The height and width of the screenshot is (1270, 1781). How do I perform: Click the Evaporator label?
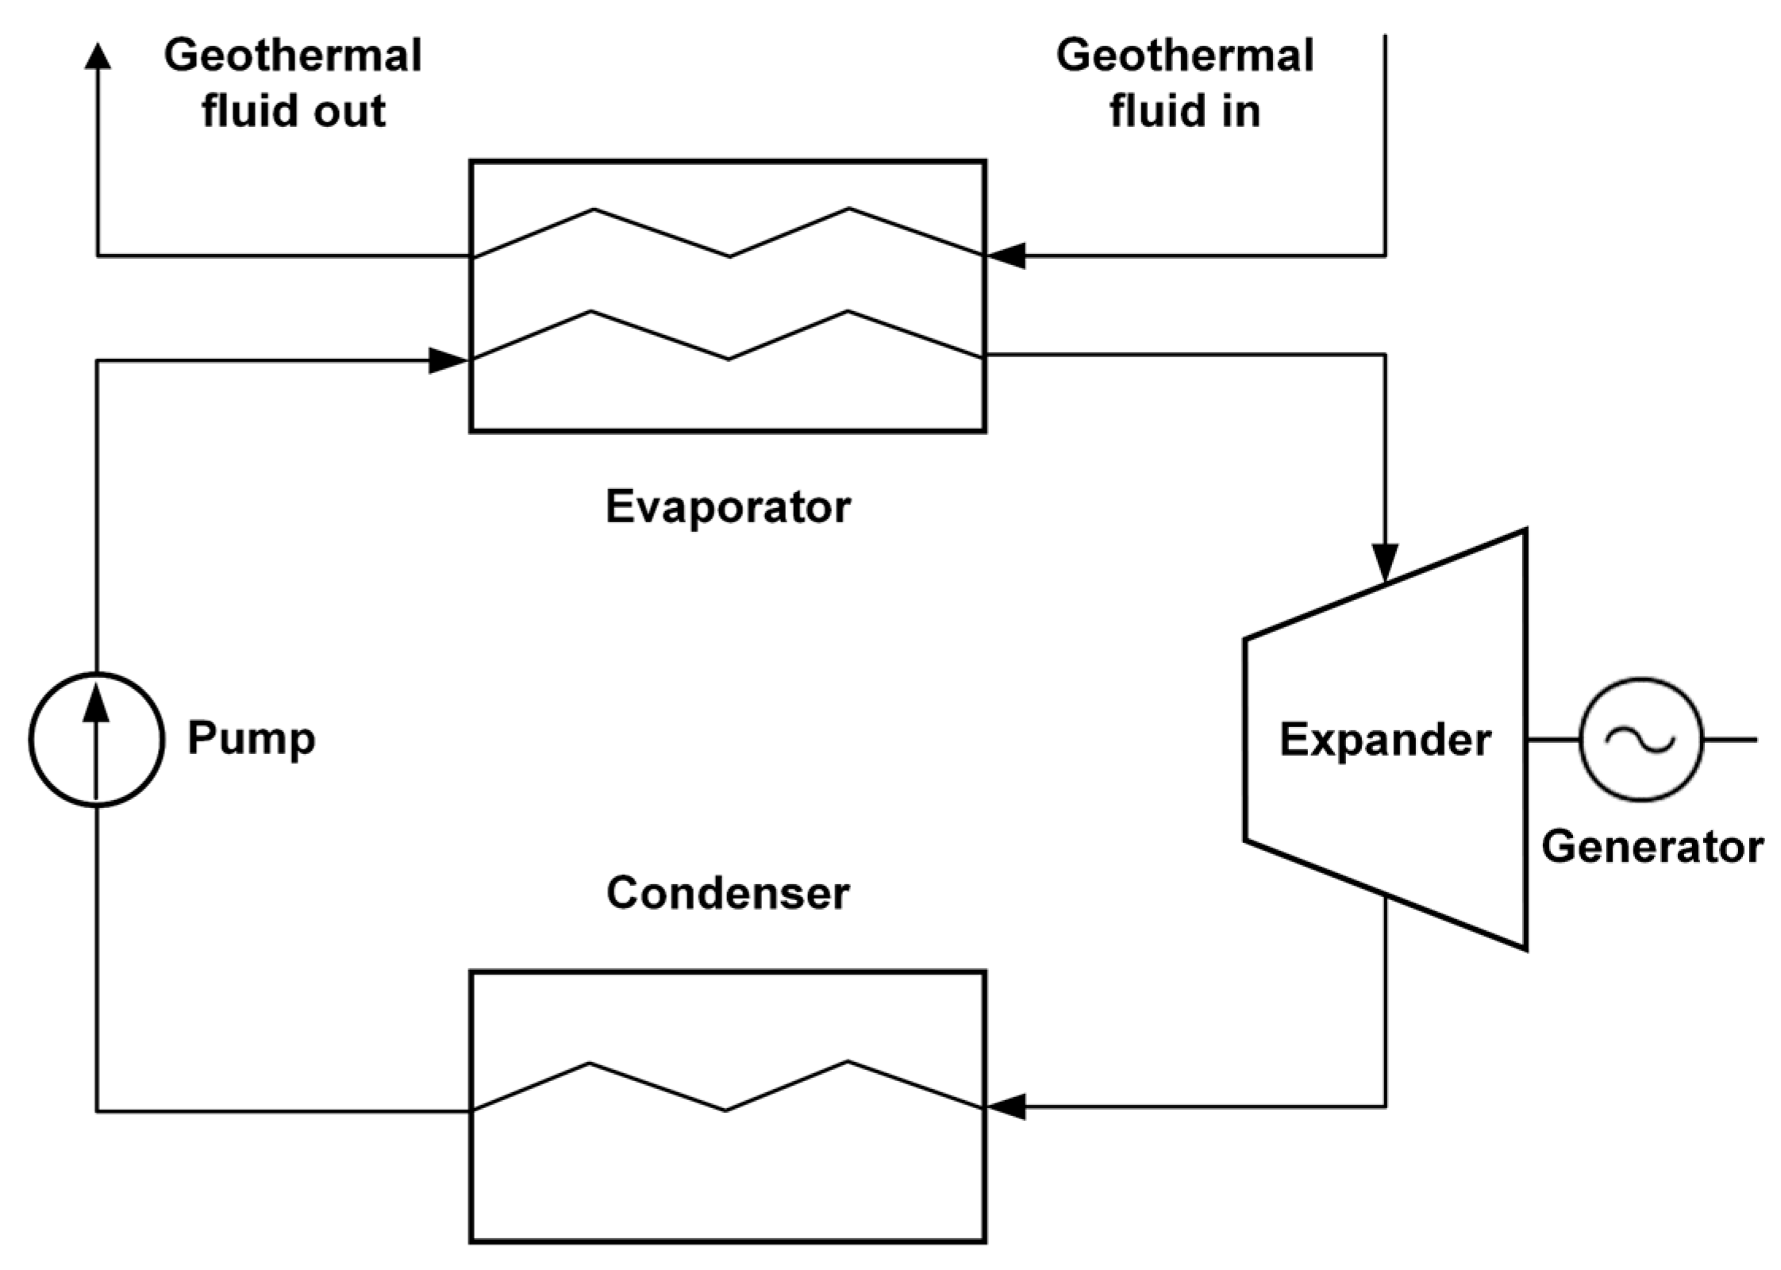coord(727,506)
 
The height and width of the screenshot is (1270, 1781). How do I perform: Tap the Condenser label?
coord(727,893)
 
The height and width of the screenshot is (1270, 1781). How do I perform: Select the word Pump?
coord(251,738)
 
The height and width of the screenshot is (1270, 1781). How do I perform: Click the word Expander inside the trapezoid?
coord(1385,740)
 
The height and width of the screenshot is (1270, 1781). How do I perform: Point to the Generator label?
coord(1652,847)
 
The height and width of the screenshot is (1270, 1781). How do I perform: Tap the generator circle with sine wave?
coord(1640,740)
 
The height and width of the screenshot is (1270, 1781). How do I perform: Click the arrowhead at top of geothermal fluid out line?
coord(98,56)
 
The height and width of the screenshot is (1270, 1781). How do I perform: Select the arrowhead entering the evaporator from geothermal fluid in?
coord(1006,256)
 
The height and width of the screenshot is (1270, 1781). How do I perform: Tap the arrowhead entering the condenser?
coord(1006,1106)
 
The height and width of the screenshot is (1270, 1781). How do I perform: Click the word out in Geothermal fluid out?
coord(349,111)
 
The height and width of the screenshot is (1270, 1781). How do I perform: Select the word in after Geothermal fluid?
coord(1241,111)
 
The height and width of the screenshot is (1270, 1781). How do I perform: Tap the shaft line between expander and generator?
coord(1552,740)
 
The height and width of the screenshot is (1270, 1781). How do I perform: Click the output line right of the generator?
coord(1730,740)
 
